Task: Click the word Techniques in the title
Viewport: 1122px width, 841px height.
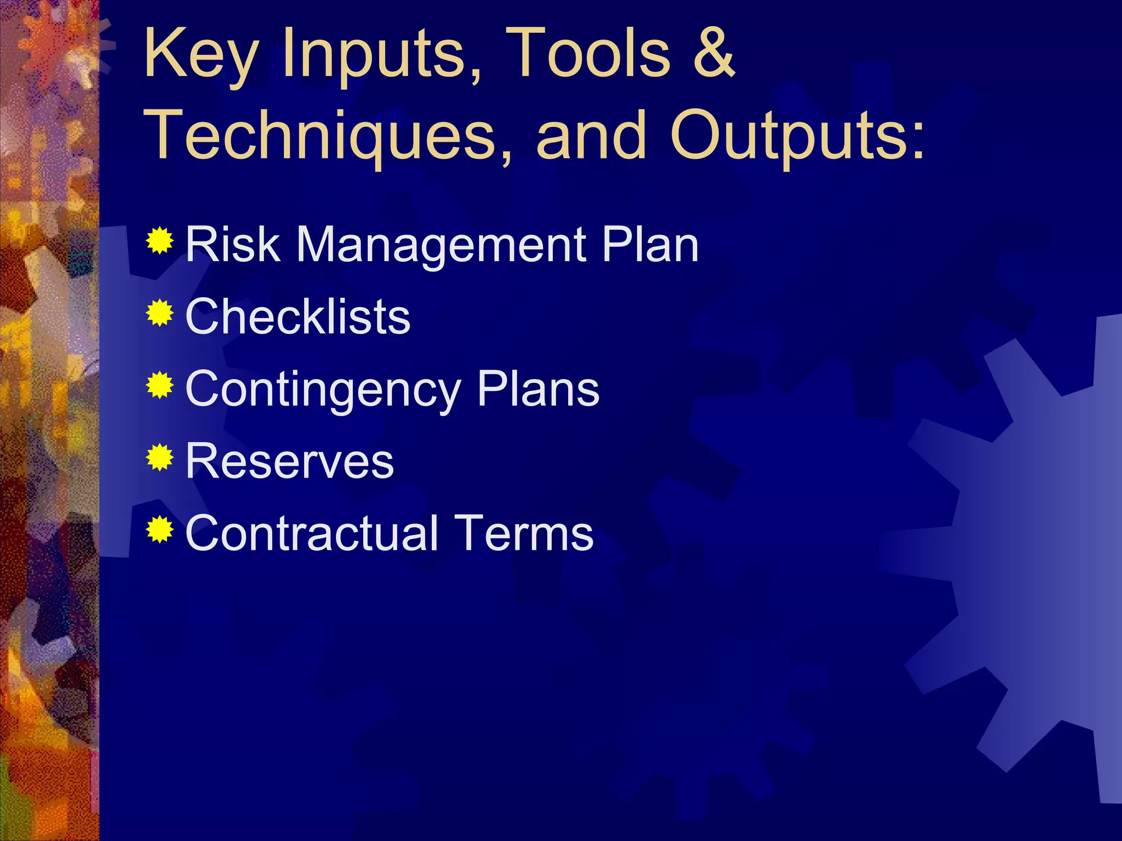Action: [329, 136]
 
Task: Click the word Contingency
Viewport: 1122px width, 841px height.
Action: [323, 390]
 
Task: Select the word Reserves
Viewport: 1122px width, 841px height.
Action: [289, 462]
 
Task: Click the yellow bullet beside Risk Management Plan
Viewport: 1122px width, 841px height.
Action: [160, 240]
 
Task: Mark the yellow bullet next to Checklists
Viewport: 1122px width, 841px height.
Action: [160, 313]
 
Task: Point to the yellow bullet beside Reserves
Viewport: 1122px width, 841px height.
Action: [160, 457]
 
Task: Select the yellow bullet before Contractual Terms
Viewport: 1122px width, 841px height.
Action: [160, 529]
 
